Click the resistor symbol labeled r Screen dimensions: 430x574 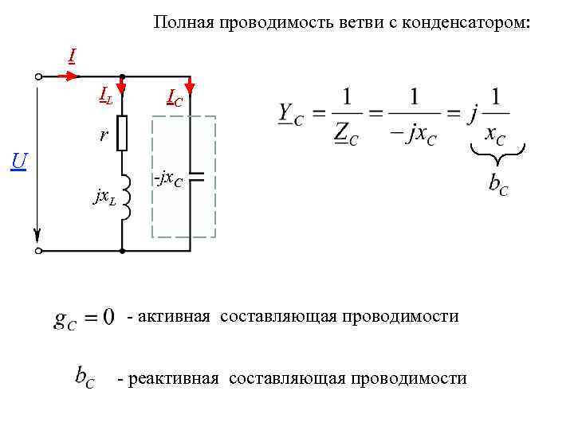(122, 133)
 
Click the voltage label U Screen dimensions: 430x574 (19, 162)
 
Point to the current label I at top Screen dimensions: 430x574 (72, 56)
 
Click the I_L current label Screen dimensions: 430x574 (105, 96)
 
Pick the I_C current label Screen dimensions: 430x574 (174, 98)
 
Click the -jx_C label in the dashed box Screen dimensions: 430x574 (168, 178)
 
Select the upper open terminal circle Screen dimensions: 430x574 (39, 77)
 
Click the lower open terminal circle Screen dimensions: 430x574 (39, 251)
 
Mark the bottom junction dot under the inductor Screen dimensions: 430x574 (122, 251)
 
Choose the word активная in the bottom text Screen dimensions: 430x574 (174, 316)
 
